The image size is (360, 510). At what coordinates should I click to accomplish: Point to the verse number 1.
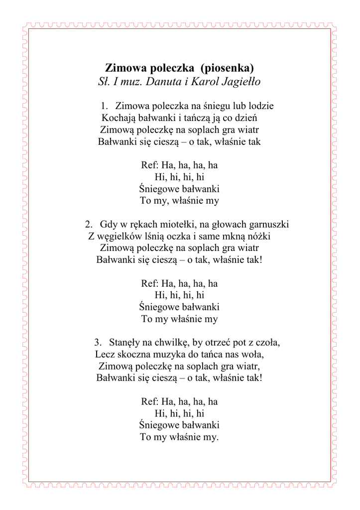click(104, 106)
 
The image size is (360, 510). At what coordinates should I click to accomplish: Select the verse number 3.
click(97, 342)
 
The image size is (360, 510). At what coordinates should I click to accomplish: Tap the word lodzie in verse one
click(260, 106)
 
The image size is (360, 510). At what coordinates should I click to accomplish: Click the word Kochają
click(119, 118)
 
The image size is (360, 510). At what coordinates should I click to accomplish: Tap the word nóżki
click(258, 236)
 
